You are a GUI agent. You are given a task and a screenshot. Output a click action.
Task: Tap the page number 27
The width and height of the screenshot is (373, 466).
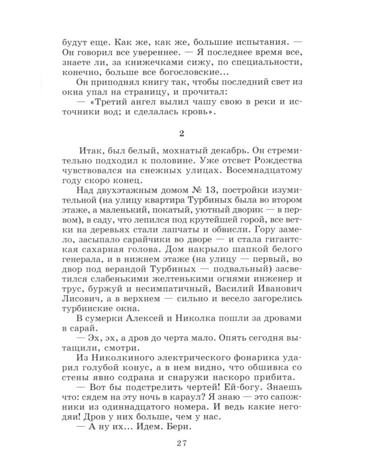point(186,442)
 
